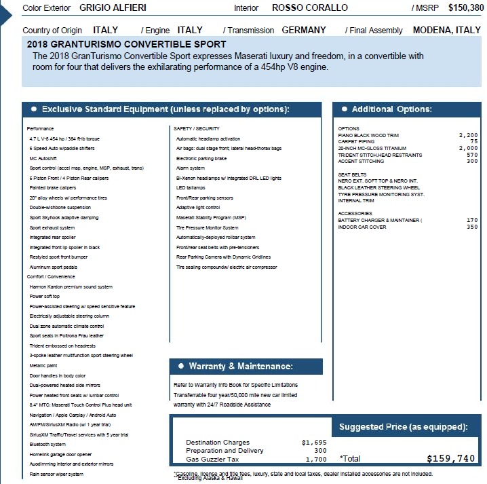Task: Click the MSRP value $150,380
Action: click(x=461, y=7)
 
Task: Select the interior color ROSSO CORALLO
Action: click(x=310, y=8)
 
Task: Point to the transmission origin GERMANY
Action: click(x=303, y=31)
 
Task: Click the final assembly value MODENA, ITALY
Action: click(x=446, y=31)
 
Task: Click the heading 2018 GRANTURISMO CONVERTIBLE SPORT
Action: click(x=127, y=44)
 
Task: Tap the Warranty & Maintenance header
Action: click(x=241, y=367)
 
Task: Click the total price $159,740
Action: click(x=451, y=458)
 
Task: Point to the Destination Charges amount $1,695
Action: click(x=314, y=443)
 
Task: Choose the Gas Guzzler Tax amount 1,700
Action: click(x=316, y=459)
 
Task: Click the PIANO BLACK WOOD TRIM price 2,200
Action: click(x=468, y=135)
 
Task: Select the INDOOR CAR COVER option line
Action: click(x=362, y=227)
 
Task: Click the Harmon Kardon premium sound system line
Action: click(x=71, y=287)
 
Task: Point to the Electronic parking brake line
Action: click(x=201, y=158)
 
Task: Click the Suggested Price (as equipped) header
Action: click(x=403, y=427)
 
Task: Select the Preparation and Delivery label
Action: click(x=225, y=451)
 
